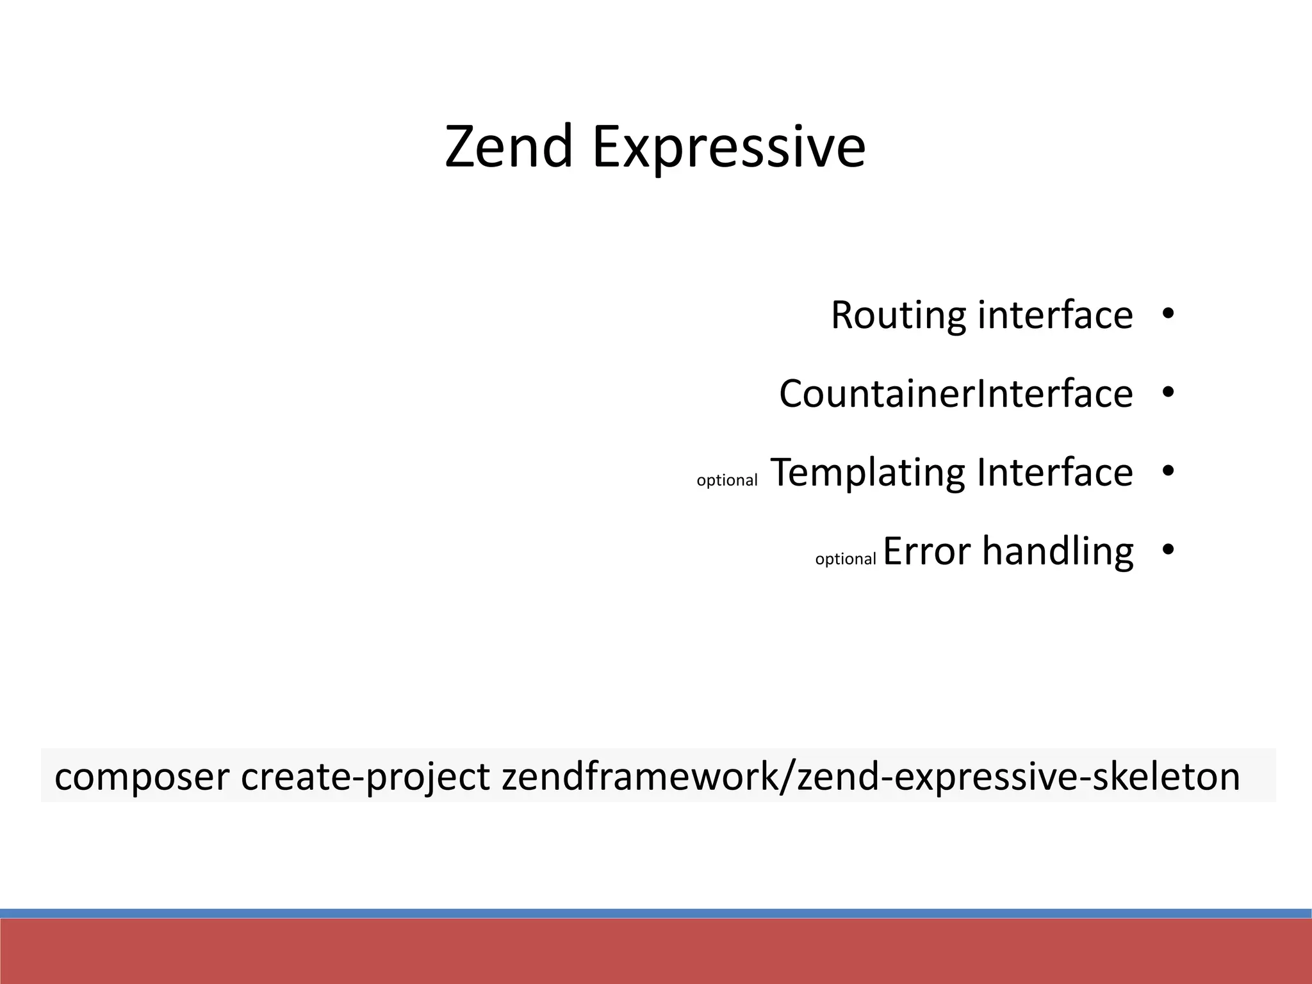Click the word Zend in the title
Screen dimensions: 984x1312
point(508,147)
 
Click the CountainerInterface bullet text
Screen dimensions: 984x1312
point(956,393)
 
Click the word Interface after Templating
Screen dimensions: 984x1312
point(1055,472)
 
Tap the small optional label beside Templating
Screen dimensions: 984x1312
point(726,480)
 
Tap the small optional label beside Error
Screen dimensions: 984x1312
point(845,559)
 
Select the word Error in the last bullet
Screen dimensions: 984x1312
point(927,551)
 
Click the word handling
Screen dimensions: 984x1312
point(1058,552)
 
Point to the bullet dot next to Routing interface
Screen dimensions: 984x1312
point(1167,314)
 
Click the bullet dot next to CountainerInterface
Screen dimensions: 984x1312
point(1167,393)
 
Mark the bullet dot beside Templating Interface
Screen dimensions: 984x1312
point(1167,471)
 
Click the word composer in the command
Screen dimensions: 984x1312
point(142,777)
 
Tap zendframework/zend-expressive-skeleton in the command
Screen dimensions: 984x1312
point(871,777)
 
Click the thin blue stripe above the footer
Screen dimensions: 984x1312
point(656,913)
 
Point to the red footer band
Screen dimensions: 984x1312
point(656,951)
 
